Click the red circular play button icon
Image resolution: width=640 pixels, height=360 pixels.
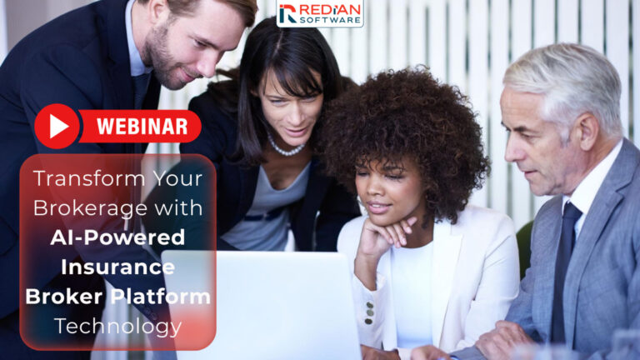pos(57,126)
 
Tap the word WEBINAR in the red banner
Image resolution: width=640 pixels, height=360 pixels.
pos(141,127)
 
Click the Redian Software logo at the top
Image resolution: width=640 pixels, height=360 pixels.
pos(320,13)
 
